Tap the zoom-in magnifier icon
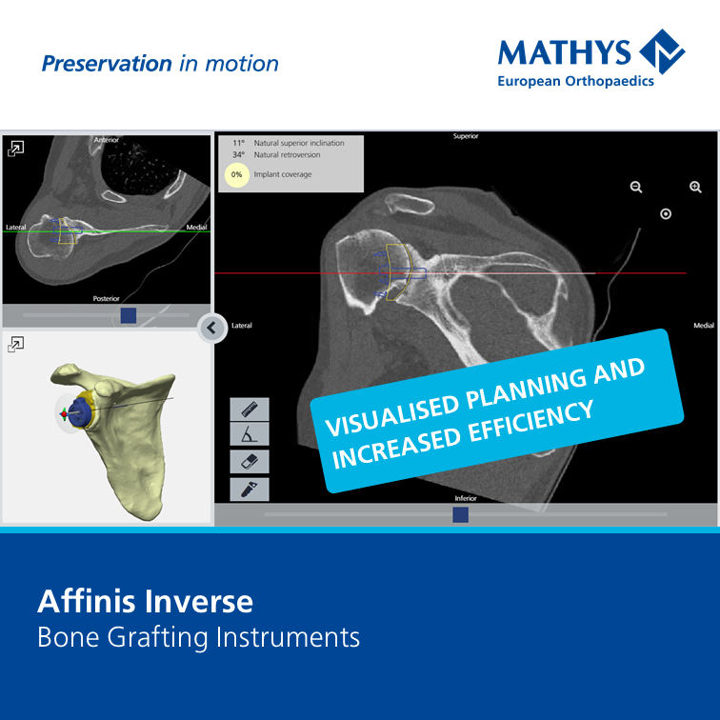(x=695, y=188)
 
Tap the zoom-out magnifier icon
(x=636, y=188)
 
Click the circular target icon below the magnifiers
(x=666, y=214)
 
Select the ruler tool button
(x=250, y=410)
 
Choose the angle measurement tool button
(x=250, y=436)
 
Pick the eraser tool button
(x=250, y=462)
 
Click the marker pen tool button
(x=250, y=489)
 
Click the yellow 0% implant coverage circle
(x=236, y=175)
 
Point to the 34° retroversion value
(x=238, y=154)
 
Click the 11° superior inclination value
(x=238, y=143)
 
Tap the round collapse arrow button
(x=212, y=329)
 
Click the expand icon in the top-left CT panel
(x=16, y=149)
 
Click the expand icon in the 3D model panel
(x=16, y=344)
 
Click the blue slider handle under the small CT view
(x=129, y=314)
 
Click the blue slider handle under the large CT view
(x=461, y=514)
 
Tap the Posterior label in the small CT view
(x=106, y=298)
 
